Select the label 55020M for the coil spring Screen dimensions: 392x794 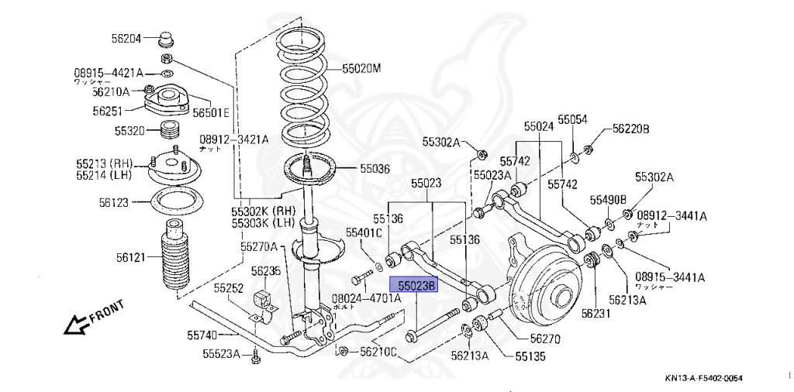[x=362, y=69]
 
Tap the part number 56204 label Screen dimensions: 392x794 [x=126, y=38]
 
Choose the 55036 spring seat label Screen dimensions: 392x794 [x=375, y=168]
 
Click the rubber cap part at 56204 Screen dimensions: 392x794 [x=166, y=38]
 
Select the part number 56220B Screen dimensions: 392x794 [x=630, y=129]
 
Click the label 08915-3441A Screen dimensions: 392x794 [x=671, y=277]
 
